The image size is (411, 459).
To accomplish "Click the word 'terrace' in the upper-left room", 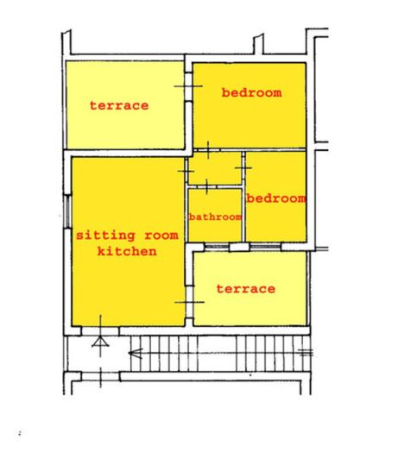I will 119,105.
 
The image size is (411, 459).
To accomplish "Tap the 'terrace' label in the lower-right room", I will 246,288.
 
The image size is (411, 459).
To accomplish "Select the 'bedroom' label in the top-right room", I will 251,92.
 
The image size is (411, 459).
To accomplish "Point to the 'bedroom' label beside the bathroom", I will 276,198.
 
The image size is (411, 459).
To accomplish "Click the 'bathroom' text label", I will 215,217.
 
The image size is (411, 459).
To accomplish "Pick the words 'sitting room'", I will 126,235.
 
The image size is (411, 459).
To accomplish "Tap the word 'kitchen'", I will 126,251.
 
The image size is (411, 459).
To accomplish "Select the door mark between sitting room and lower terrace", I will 187,302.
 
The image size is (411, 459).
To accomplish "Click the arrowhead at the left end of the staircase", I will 134,351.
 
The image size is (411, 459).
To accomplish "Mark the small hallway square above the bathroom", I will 215,167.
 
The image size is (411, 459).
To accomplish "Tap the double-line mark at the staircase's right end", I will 305,351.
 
